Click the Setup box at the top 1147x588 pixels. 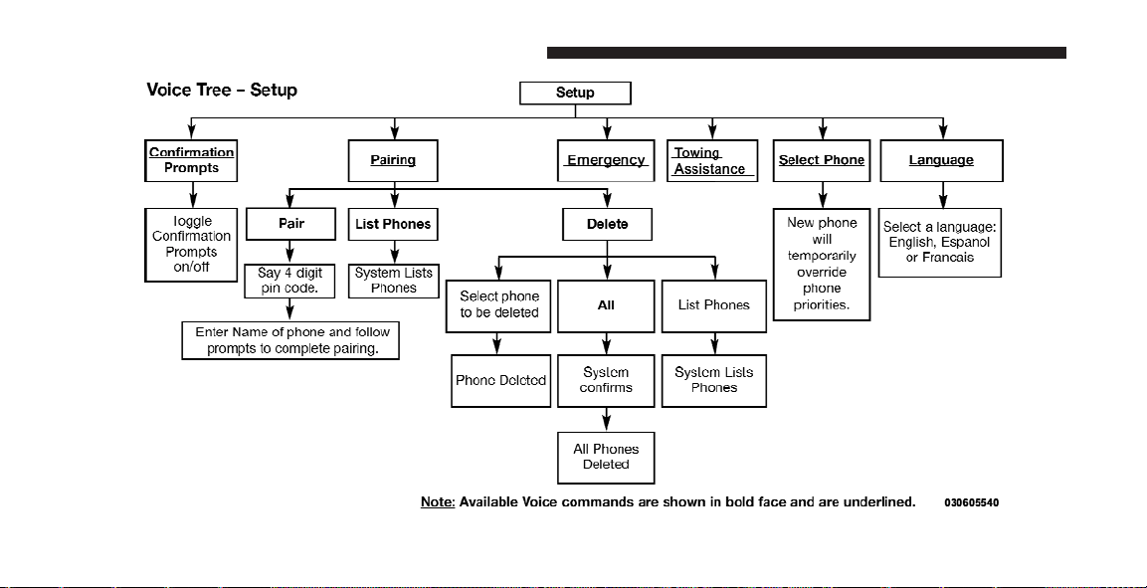coord(575,93)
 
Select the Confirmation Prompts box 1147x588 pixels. coord(192,160)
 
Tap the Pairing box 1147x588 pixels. coord(393,160)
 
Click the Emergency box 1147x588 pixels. coord(606,160)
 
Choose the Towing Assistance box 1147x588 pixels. coord(711,160)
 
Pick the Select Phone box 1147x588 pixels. coord(822,160)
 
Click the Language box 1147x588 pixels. coord(941,160)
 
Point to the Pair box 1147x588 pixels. coord(290,224)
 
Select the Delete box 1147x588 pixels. coord(607,224)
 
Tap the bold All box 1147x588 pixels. coord(606,305)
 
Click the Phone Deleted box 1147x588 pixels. coord(501,380)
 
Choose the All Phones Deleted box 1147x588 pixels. coord(606,457)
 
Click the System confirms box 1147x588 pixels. coord(606,380)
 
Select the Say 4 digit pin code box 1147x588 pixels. coord(290,281)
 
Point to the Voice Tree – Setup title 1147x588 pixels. coord(222,90)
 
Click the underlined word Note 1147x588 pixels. coord(438,501)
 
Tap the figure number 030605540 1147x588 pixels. coord(972,502)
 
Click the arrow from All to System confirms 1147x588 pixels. coord(607,343)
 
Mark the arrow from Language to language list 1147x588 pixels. coord(942,195)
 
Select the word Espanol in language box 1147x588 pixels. coord(966,242)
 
